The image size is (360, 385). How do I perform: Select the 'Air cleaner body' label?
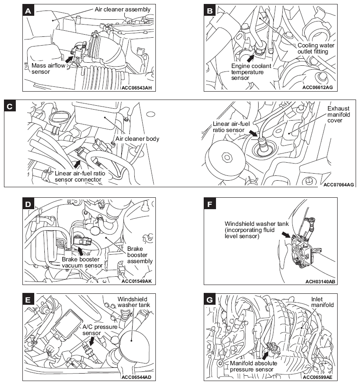tap(137, 139)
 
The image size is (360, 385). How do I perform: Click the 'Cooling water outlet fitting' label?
tap(317, 48)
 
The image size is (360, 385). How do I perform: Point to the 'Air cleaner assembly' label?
tap(122, 9)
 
